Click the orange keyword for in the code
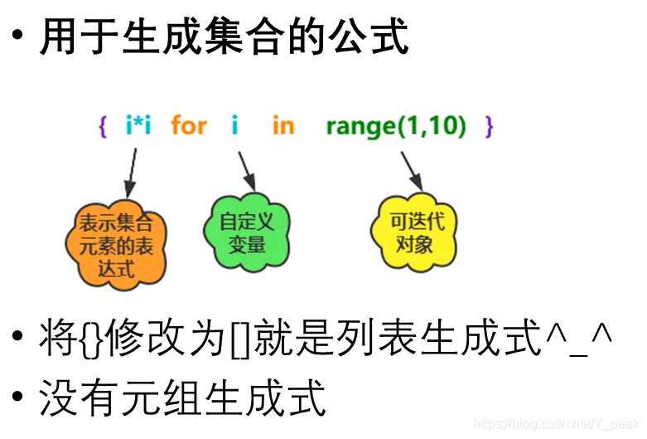pos(189,126)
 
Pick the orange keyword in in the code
pos(282,126)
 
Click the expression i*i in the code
pos(138,126)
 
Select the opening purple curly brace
pos(103,127)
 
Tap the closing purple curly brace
pos(489,127)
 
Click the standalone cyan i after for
pos(235,126)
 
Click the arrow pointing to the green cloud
pos(245,170)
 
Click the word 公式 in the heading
pos(371,37)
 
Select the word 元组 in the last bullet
pos(182,399)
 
